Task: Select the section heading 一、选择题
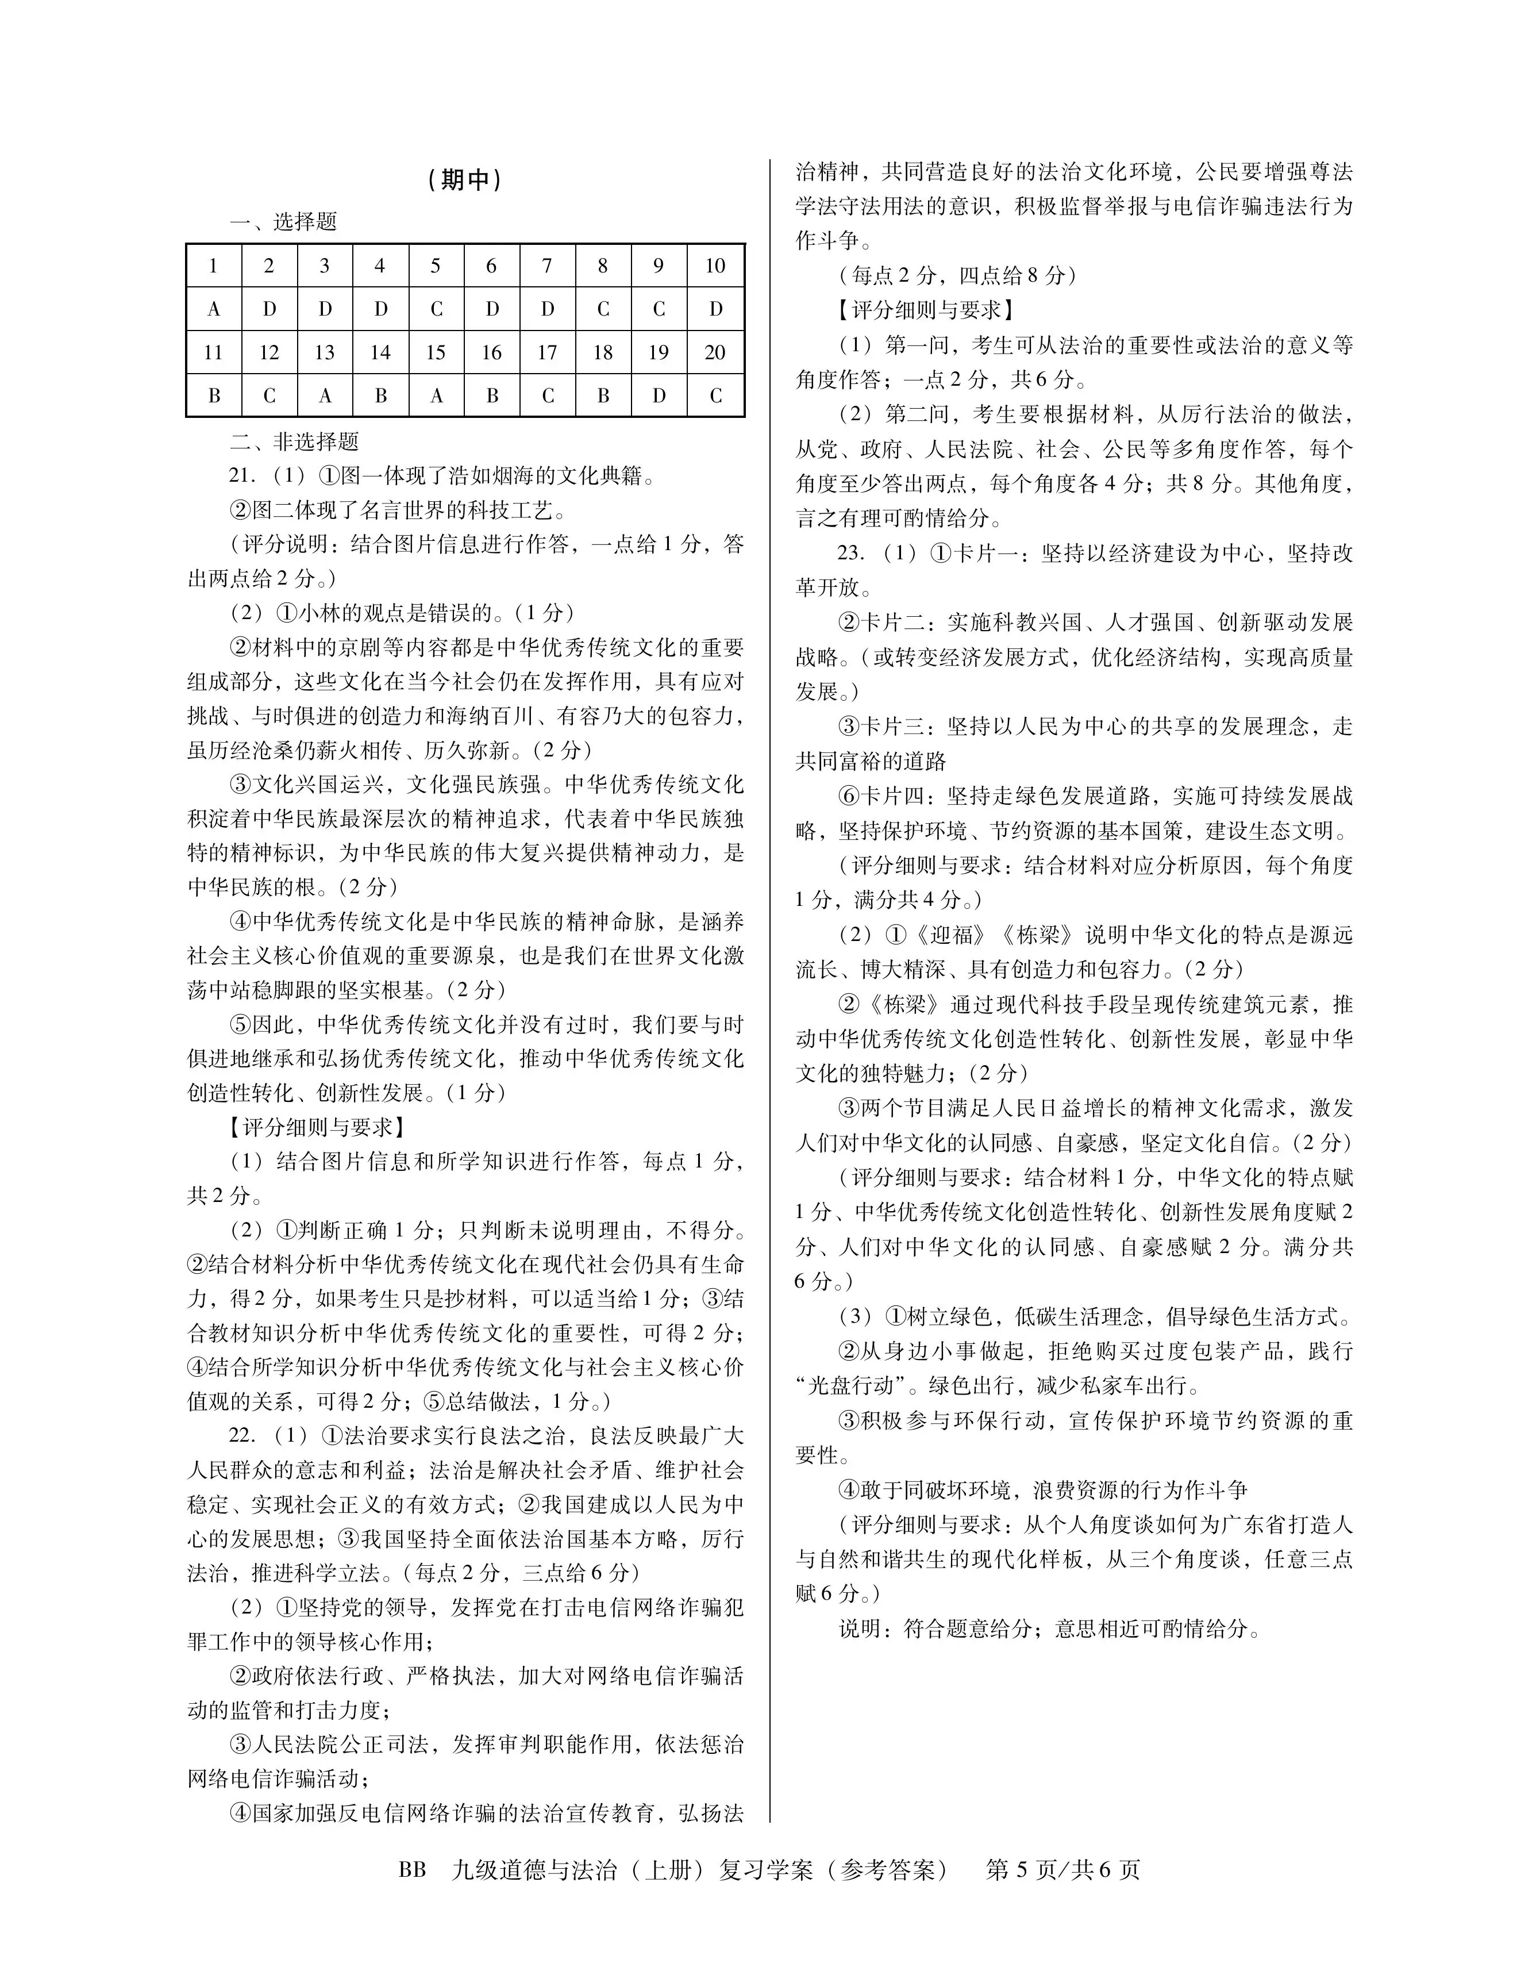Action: click(x=283, y=222)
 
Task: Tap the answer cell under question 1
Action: click(x=213, y=309)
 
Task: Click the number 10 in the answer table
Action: click(x=715, y=266)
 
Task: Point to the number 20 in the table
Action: click(x=715, y=352)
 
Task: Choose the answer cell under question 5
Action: click(x=436, y=309)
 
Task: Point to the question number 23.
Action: click(x=851, y=553)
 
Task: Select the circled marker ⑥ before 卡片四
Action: click(x=848, y=796)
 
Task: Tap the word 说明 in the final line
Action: click(x=860, y=1628)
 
